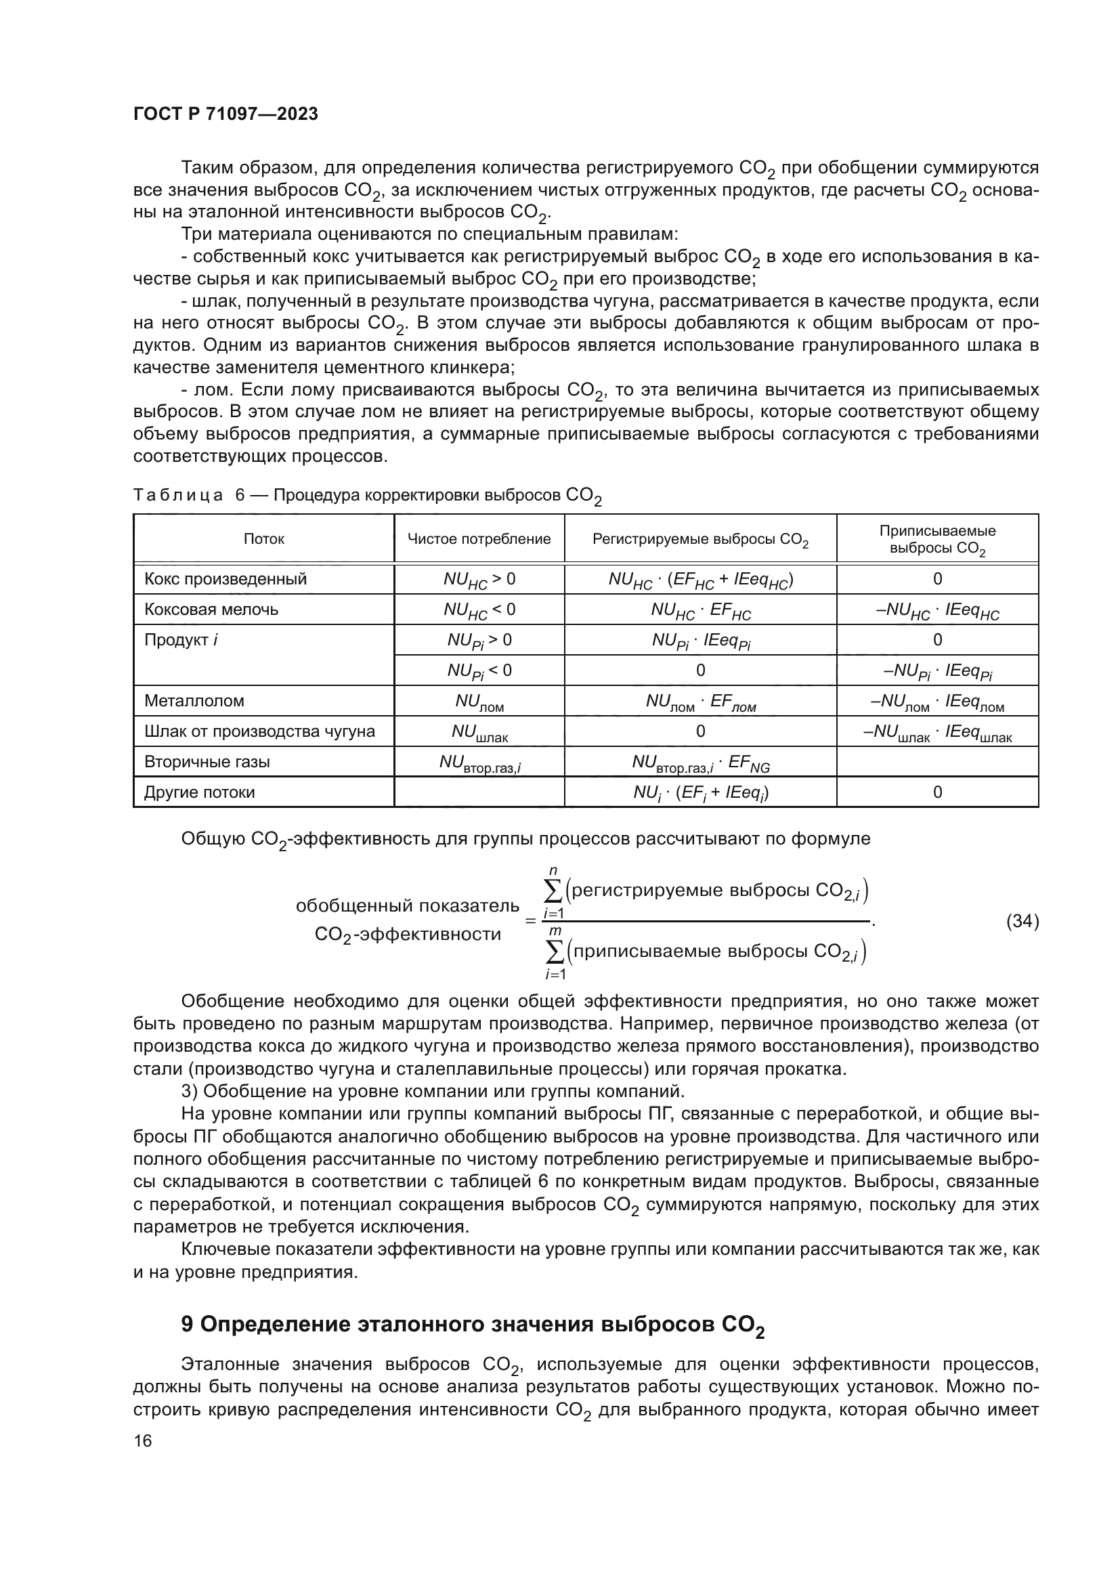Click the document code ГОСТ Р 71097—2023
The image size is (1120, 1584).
[x=225, y=114]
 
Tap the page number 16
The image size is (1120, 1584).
[x=143, y=1440]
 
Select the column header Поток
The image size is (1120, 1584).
[x=263, y=539]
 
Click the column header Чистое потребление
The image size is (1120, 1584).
[x=479, y=539]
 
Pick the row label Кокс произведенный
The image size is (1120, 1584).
[x=225, y=579]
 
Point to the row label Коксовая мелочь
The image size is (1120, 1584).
[x=211, y=609]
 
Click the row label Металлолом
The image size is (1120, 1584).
[x=194, y=701]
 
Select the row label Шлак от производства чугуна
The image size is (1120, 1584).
[x=259, y=731]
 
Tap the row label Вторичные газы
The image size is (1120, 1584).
[x=207, y=762]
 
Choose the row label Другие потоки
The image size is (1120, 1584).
[x=199, y=792]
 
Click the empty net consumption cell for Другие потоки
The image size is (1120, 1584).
[x=479, y=792]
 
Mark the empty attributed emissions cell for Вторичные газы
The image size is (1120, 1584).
[x=936, y=762]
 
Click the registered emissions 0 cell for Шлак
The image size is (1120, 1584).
[x=700, y=731]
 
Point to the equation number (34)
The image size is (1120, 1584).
[x=1022, y=921]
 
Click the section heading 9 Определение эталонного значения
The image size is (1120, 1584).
[x=473, y=1325]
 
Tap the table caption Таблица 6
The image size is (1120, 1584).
[x=367, y=496]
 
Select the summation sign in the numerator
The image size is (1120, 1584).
[x=553, y=891]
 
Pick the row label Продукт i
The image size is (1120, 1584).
[x=181, y=639]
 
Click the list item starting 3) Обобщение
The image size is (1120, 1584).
[x=433, y=1092]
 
